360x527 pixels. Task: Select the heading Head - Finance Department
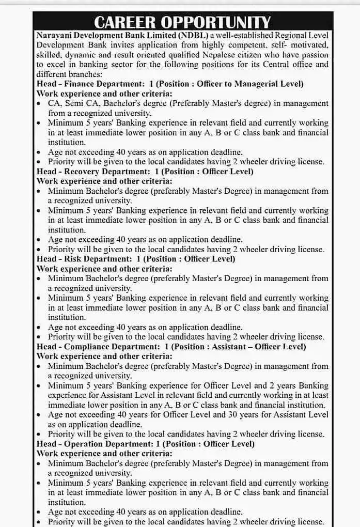(84, 84)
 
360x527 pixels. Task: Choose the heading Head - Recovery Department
(86, 172)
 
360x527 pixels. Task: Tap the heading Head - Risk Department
(77, 259)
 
